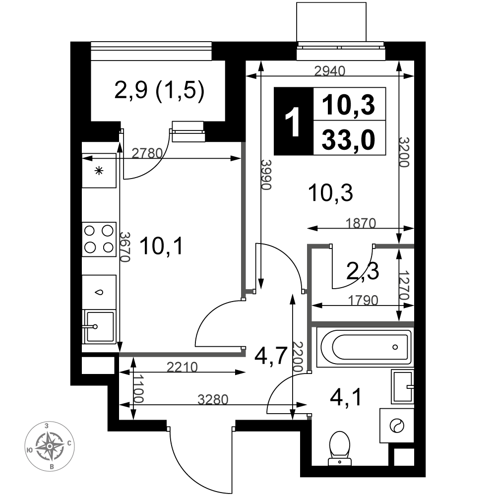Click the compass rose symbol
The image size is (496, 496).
pos(50,446)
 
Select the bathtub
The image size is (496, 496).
pos(366,347)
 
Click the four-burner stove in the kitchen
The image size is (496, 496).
pos(99,239)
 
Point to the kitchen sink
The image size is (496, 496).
pos(99,327)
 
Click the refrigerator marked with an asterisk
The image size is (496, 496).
pos(99,171)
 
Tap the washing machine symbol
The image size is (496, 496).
pos(397,426)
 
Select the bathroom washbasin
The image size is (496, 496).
pos(403,386)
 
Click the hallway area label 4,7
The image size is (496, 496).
pos(271,356)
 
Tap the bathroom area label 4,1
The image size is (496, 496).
pos(345,397)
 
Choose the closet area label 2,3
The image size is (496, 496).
pos(363,271)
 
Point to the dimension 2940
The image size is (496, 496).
pos(330,71)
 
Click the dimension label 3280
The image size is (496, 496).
pos(213,400)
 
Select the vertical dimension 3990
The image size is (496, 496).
pos(266,174)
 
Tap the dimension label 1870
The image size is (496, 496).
pos(361,223)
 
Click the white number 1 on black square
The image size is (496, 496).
pos(293,121)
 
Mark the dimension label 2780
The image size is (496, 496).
pos(147,153)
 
